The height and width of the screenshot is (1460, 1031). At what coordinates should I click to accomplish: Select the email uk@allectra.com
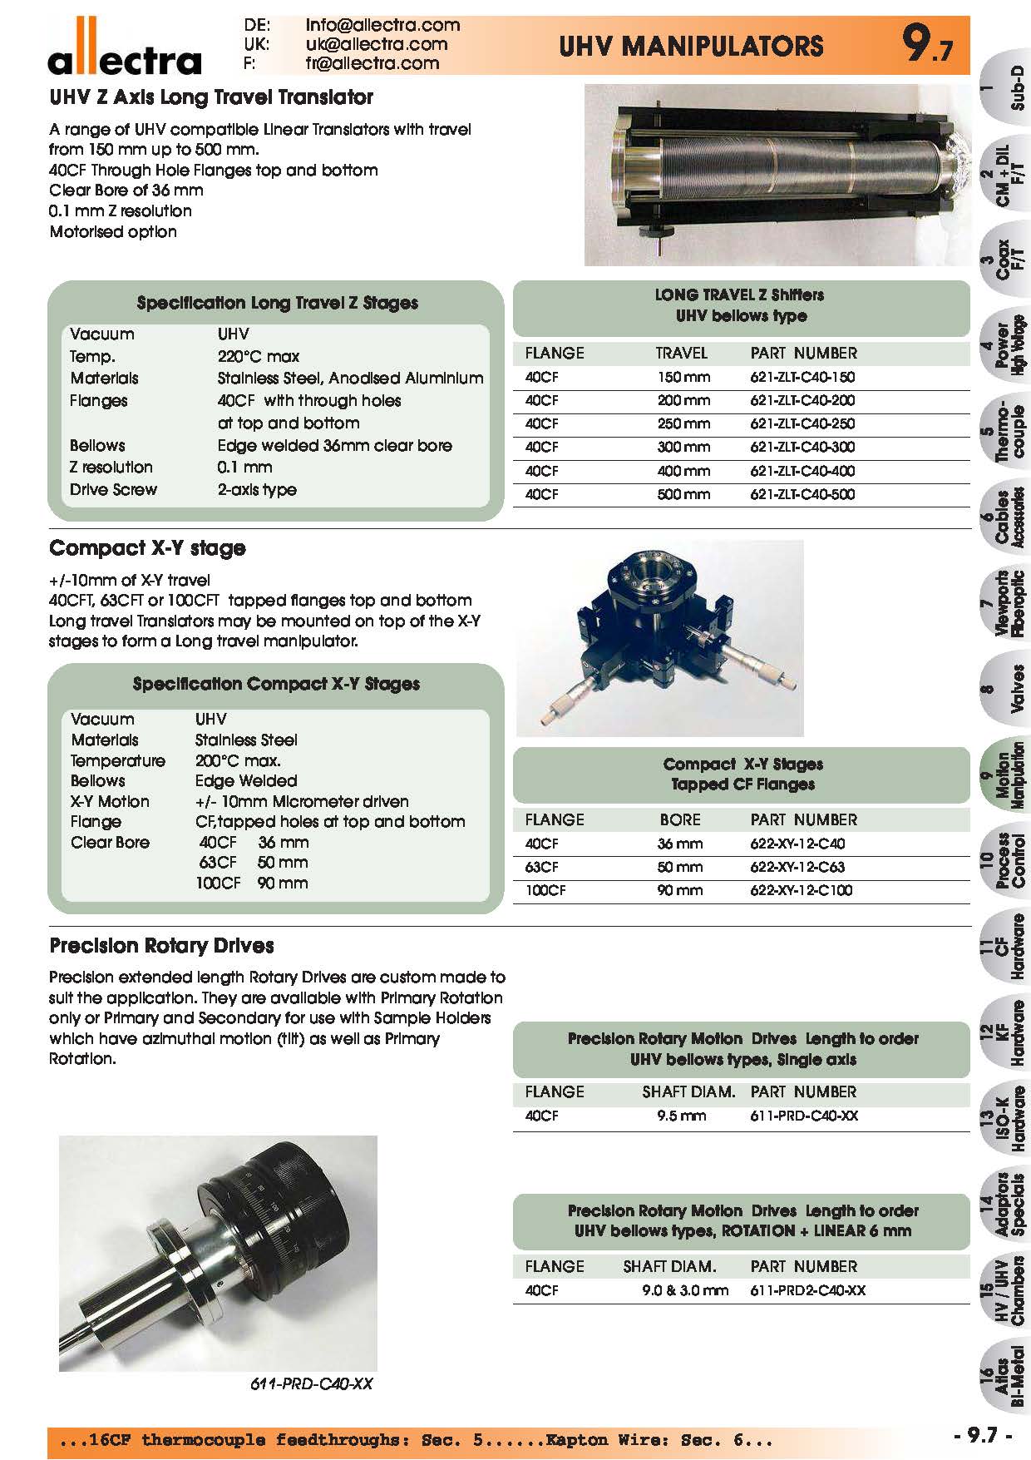376,44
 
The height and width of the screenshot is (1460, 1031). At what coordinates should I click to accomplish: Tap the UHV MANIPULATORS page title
691,45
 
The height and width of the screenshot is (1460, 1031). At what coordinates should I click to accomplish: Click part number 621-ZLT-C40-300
802,447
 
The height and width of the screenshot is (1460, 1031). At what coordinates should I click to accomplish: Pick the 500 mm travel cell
683,494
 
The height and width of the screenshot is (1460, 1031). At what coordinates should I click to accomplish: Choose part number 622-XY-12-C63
797,867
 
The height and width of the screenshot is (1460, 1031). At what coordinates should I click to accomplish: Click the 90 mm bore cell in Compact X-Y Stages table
679,890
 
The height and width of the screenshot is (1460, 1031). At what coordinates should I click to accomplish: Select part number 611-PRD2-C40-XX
807,1290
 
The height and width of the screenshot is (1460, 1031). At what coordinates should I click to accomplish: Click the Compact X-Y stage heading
147,548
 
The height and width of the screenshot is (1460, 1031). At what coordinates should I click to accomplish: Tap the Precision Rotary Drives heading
161,946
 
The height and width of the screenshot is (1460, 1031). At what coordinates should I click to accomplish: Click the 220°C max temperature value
258,357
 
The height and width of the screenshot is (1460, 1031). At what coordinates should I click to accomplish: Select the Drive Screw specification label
113,490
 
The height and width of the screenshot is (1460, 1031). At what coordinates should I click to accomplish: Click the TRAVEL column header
681,354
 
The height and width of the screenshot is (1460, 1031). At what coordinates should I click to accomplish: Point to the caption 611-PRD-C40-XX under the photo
311,1384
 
